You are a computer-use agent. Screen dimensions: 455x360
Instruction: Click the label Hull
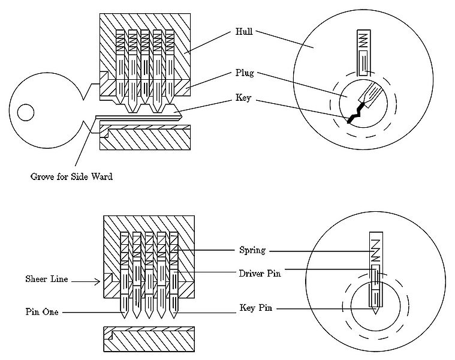(x=244, y=31)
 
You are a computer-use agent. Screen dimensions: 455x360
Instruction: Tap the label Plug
(x=245, y=73)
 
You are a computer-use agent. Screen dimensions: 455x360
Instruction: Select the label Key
(x=243, y=98)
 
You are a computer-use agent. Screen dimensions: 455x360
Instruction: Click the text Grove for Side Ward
(x=71, y=176)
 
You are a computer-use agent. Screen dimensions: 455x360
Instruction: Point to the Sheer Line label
(x=47, y=279)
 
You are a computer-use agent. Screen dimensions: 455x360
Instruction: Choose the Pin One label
(x=42, y=312)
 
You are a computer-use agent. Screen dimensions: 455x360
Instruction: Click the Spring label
(x=252, y=250)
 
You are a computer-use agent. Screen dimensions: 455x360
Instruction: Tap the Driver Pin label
(x=260, y=274)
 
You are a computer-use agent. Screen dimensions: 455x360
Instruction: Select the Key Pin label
(x=256, y=308)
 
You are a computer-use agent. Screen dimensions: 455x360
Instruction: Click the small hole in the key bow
(x=26, y=112)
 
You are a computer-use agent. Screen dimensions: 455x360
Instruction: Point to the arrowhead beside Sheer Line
(x=98, y=281)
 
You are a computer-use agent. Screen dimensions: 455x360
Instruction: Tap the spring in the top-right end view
(x=364, y=40)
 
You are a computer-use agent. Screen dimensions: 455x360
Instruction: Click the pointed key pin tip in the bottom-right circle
(x=375, y=311)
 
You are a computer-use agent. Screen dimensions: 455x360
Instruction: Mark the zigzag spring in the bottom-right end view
(x=375, y=250)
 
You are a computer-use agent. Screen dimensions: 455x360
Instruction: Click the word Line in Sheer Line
(x=59, y=279)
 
